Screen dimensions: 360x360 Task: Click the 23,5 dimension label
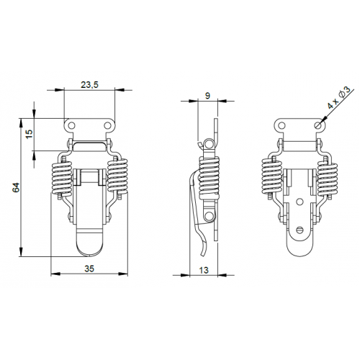90,85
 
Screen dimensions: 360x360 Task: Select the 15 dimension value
30,134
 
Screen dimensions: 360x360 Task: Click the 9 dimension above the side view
207,95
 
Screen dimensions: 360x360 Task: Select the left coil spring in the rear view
271,178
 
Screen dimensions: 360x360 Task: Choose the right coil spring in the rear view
327,178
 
